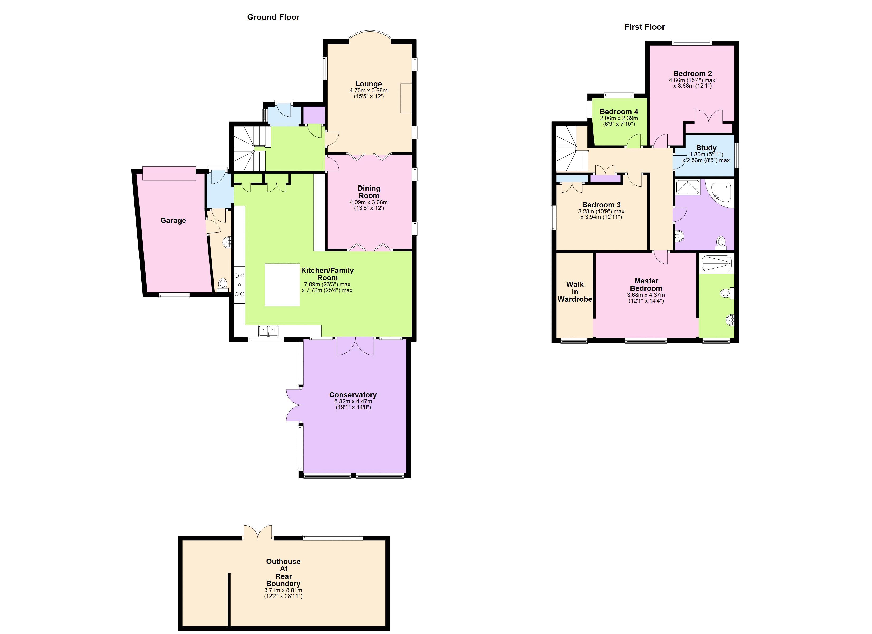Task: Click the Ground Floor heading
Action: (273, 17)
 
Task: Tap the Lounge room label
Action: (368, 84)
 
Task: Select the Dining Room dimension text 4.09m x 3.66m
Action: (368, 202)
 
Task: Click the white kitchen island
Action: (282, 285)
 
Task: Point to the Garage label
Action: (173, 220)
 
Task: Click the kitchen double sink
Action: (268, 330)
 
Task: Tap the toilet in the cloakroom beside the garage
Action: (222, 284)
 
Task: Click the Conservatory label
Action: (352, 395)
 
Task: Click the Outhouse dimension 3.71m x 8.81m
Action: (283, 590)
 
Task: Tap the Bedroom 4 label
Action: (619, 111)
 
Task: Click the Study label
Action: (706, 148)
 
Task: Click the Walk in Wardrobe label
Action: (575, 292)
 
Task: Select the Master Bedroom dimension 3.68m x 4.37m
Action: (646, 295)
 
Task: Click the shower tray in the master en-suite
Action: (716, 264)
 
